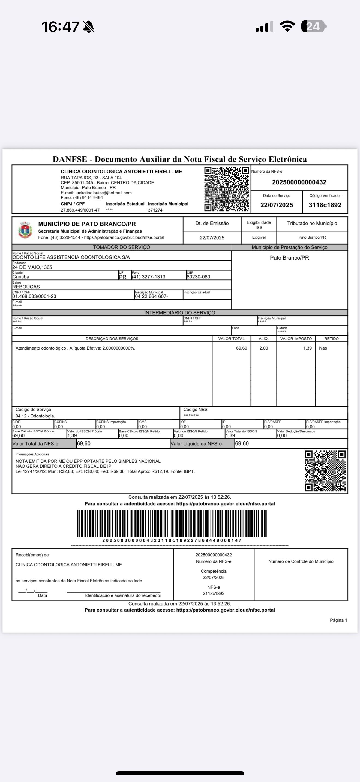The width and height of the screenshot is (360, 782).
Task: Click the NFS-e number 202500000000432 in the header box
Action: coord(299,182)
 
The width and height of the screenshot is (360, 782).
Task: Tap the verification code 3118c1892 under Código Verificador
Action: coord(325,205)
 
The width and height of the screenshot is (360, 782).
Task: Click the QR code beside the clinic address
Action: coord(226,189)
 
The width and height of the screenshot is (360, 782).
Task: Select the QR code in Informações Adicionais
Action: coord(325,471)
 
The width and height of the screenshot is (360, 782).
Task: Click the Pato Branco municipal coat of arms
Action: coord(25,230)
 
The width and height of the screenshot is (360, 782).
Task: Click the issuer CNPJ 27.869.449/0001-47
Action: coord(80,210)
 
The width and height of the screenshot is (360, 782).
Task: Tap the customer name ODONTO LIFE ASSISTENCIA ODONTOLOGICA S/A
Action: coord(71,257)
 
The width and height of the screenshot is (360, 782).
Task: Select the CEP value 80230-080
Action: coord(198,277)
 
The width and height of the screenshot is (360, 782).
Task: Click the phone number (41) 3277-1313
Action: coord(148,277)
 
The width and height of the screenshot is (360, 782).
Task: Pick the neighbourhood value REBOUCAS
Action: coord(26,287)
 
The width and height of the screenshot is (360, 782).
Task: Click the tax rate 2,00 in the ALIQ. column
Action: coord(263,348)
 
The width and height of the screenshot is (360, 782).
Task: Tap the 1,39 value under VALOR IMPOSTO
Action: coord(307,348)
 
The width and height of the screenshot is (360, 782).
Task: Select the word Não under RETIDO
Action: coord(323,348)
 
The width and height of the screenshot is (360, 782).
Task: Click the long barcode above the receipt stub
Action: coord(172,523)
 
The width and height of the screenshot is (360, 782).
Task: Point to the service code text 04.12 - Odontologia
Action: coord(35,416)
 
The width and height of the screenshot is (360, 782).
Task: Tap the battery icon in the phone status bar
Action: coord(314,26)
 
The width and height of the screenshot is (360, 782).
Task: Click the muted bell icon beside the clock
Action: coord(89,27)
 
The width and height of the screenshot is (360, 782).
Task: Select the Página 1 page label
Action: coord(338,620)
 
